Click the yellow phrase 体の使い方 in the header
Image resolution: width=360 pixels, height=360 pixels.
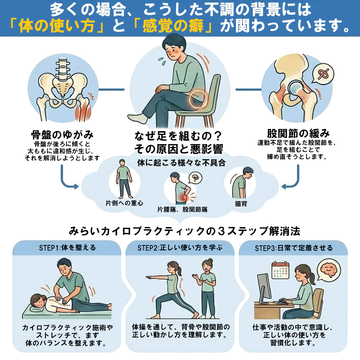pos(57,26)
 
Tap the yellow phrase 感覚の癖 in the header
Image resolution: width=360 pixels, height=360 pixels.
pos(173,26)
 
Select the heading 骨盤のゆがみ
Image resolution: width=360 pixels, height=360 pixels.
pos(62,135)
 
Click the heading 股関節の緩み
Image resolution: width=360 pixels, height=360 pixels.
pos(298,133)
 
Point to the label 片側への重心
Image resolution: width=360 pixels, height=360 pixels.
pos(124,203)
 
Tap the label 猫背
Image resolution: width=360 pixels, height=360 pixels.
pos(241,204)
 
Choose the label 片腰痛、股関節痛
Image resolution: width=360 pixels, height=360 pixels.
pos(182,210)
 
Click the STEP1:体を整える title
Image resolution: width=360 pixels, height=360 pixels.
pos(67,248)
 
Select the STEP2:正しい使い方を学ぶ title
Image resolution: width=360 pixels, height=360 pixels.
pos(180,248)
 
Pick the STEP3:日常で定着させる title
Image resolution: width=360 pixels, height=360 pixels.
pos(294,248)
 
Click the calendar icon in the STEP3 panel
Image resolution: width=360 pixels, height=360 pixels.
pos(280,270)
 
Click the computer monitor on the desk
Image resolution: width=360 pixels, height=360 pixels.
pos(264,288)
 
